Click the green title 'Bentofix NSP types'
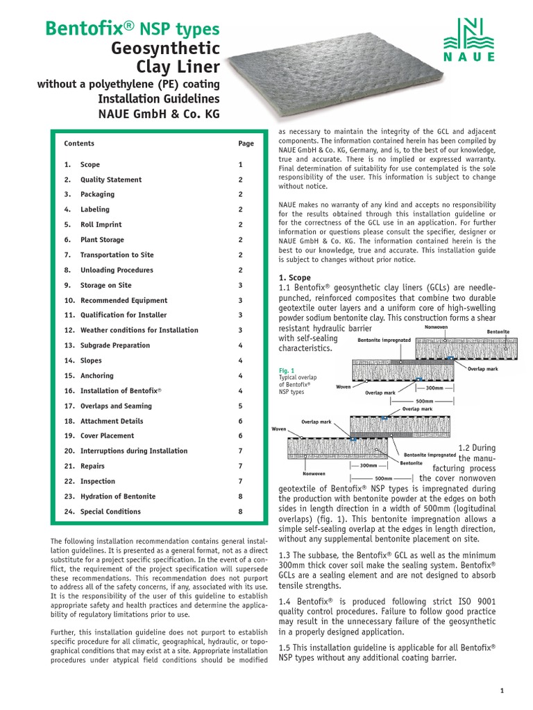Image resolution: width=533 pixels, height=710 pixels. pyautogui.click(x=133, y=29)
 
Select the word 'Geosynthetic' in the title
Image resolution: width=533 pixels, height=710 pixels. pyautogui.click(x=166, y=49)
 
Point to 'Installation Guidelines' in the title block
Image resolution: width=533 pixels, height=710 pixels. pyautogui.click(x=159, y=98)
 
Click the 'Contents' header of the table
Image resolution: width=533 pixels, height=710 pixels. pyautogui.click(x=79, y=144)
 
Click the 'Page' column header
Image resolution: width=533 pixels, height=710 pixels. pyautogui.click(x=246, y=144)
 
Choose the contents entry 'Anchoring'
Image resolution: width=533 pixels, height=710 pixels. pyautogui.click(x=96, y=376)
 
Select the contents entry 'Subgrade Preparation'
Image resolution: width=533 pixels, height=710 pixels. pyautogui.click(x=115, y=345)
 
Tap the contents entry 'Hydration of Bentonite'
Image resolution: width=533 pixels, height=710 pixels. pyautogui.click(x=117, y=496)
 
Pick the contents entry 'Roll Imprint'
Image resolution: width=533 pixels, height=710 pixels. pyautogui.click(x=101, y=225)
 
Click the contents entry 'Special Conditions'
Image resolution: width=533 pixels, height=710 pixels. pyautogui.click(x=110, y=512)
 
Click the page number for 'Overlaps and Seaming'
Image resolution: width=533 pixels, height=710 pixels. pyautogui.click(x=240, y=406)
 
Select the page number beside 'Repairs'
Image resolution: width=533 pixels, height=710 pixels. pyautogui.click(x=240, y=466)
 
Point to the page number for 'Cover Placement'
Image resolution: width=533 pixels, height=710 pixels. pyautogui.click(x=240, y=436)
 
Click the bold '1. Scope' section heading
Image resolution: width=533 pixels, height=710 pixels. pyautogui.click(x=294, y=277)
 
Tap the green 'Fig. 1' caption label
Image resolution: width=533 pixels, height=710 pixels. pyautogui.click(x=286, y=370)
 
